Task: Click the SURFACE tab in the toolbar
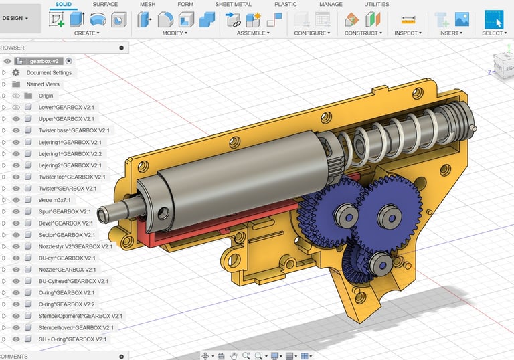click(105, 4)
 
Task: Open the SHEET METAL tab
click(233, 4)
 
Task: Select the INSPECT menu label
click(408, 33)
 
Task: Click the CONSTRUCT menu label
click(363, 33)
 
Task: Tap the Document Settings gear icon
click(16, 72)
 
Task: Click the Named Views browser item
click(43, 84)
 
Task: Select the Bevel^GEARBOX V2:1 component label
click(66, 223)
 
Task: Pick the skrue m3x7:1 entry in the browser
click(54, 200)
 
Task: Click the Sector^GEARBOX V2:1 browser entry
click(66, 235)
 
